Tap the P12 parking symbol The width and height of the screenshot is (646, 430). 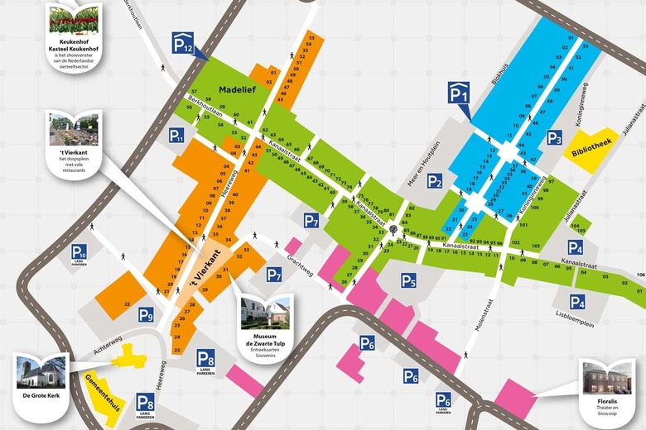click(183, 43)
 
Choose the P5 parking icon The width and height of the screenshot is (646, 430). click(408, 281)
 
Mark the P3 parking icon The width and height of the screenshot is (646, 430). click(554, 138)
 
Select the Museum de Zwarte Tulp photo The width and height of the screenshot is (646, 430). click(265, 313)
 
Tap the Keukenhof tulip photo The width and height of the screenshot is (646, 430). click(74, 17)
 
